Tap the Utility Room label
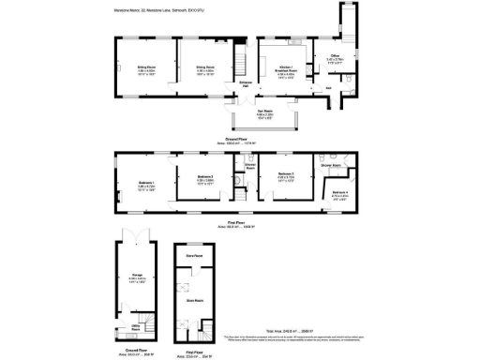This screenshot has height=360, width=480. coord(135,328)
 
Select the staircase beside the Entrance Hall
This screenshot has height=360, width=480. coord(240,66)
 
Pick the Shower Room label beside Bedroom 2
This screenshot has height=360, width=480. coord(250,167)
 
